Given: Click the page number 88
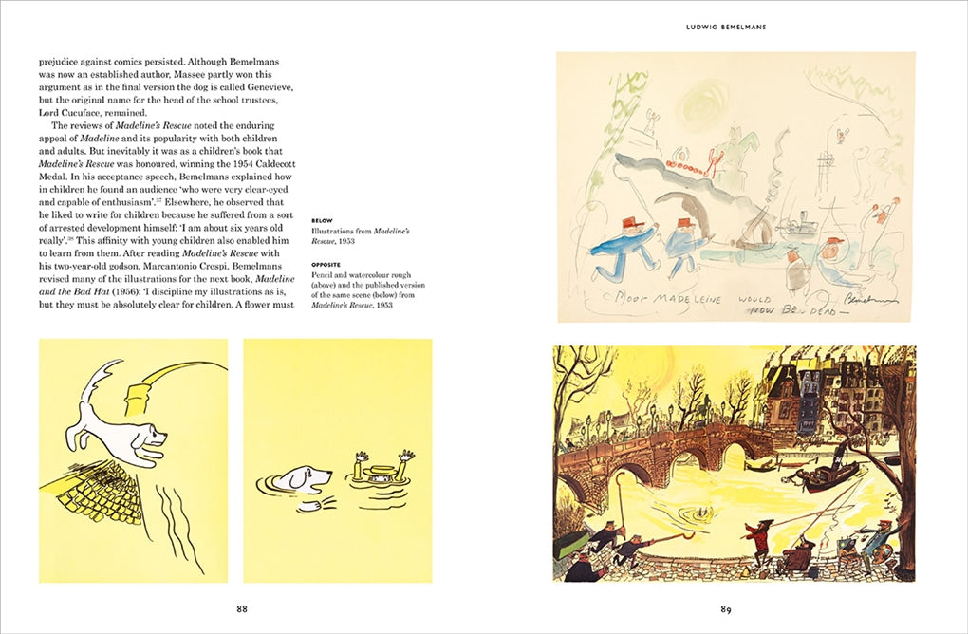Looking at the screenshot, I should [x=242, y=608].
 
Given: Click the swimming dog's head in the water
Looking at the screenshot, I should [x=310, y=475].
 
